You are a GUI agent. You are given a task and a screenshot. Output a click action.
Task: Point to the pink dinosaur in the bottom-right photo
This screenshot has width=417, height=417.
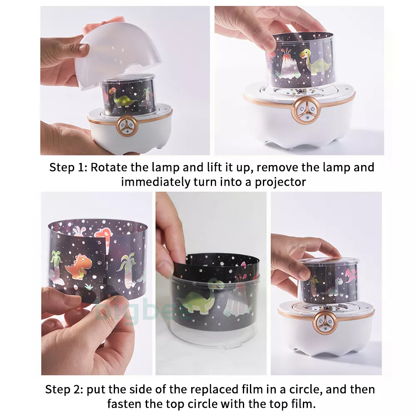point(351,276)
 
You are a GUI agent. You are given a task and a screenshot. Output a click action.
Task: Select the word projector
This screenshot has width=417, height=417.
point(280,182)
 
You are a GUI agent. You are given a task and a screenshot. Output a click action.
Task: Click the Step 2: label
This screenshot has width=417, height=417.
point(64,390)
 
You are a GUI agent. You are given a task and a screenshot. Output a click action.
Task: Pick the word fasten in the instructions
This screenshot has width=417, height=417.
point(124,404)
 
